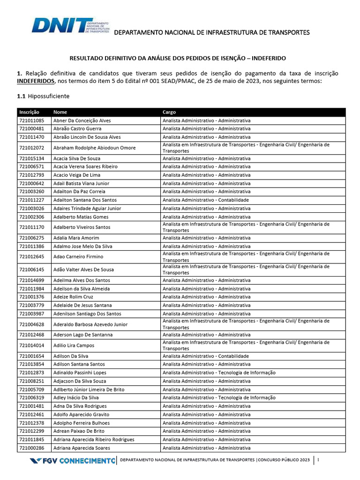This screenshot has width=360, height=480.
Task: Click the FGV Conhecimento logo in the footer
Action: (x=72, y=461)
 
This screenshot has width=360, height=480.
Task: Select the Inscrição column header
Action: (x=29, y=112)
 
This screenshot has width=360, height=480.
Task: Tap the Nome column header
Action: (x=60, y=112)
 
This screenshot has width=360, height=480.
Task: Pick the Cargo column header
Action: (x=169, y=112)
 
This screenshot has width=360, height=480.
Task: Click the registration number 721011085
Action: (x=32, y=120)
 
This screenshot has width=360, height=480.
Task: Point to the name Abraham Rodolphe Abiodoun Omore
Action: (x=94, y=148)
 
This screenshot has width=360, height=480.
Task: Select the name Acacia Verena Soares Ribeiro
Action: (x=85, y=166)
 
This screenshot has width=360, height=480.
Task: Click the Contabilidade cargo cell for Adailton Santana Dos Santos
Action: (x=206, y=200)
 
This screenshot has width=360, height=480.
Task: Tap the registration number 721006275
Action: (x=32, y=238)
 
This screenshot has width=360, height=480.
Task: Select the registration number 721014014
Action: (x=32, y=345)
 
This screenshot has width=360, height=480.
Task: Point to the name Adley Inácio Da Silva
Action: (x=76, y=397)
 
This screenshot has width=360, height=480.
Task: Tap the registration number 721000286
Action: (x=32, y=448)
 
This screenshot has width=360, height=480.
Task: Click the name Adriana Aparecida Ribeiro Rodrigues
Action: (x=94, y=439)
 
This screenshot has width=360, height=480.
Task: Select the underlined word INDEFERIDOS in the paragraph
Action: (x=36, y=82)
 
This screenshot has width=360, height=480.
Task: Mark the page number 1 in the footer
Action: (x=318, y=461)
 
